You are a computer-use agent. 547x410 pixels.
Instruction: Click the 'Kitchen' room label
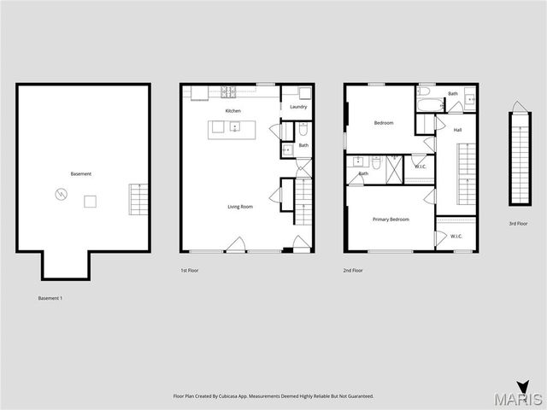(232, 111)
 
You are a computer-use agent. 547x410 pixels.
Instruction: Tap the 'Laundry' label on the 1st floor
(298, 107)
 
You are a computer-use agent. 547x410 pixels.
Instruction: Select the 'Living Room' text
(239, 207)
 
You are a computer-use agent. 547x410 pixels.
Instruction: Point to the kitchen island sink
(234, 128)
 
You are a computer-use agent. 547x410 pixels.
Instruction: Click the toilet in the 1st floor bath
(303, 131)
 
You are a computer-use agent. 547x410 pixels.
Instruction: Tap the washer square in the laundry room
(304, 93)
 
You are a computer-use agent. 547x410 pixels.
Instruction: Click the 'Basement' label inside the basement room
(81, 174)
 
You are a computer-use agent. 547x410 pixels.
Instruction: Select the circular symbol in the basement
(61, 195)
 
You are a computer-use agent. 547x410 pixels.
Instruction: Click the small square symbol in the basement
(90, 202)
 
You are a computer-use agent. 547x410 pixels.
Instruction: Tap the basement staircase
(138, 199)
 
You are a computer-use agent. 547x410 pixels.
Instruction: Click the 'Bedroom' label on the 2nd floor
(384, 123)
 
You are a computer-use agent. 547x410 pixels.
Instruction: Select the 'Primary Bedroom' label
(391, 220)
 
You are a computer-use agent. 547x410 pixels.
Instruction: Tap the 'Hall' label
(457, 130)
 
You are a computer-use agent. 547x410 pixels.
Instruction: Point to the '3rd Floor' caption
(518, 224)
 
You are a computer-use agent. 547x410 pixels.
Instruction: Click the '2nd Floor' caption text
(354, 270)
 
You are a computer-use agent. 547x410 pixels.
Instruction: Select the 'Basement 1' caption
(50, 298)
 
